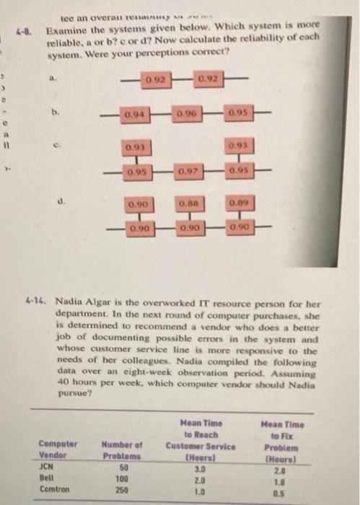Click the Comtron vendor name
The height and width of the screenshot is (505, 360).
[x=55, y=489]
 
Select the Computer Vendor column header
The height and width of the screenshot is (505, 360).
[x=56, y=449]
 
